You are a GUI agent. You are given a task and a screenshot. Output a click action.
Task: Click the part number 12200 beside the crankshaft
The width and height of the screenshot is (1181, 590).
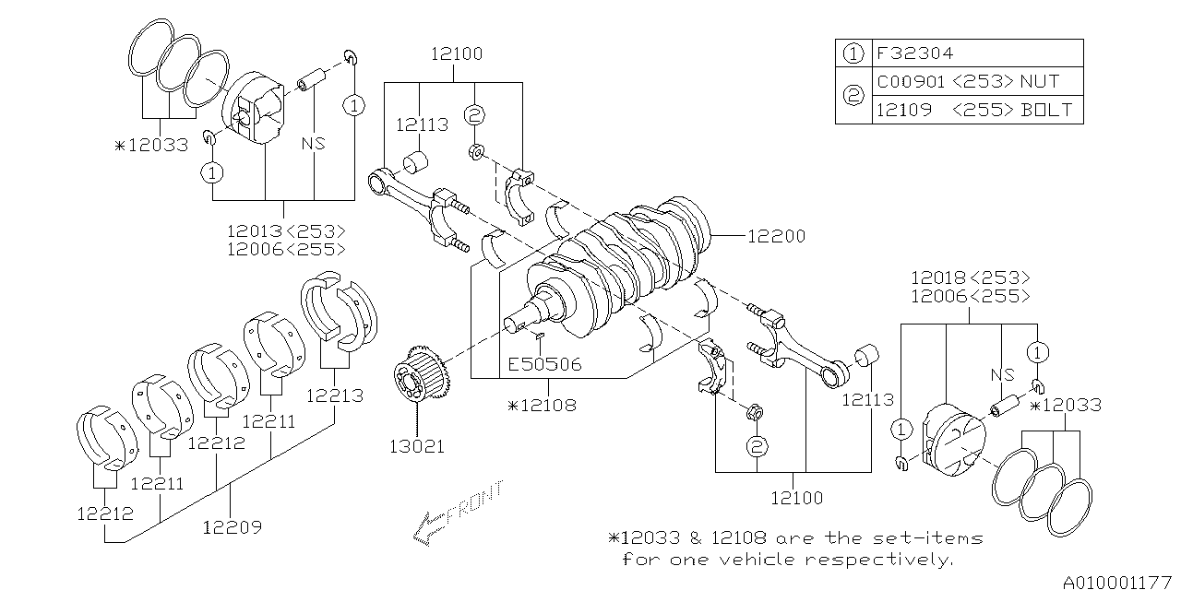(x=775, y=237)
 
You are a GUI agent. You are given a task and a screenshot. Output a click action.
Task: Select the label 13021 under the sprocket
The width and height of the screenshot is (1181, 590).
(x=415, y=446)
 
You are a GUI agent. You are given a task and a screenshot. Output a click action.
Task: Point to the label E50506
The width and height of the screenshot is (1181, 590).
(x=544, y=364)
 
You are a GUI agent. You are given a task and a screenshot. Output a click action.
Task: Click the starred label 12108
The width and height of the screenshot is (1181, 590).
(x=542, y=405)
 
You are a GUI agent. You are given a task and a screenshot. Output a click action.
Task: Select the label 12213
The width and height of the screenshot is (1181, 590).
(x=335, y=395)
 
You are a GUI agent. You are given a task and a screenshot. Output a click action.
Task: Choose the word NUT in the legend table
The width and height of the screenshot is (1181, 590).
(x=1040, y=81)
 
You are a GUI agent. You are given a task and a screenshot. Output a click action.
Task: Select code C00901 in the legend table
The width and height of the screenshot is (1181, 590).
(x=908, y=81)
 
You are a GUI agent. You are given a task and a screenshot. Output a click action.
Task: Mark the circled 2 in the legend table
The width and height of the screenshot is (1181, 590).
(x=853, y=95)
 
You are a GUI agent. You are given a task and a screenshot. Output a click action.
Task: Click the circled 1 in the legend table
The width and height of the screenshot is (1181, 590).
(x=853, y=53)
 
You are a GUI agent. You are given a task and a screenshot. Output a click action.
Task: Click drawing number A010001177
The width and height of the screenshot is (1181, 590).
(x=1117, y=581)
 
